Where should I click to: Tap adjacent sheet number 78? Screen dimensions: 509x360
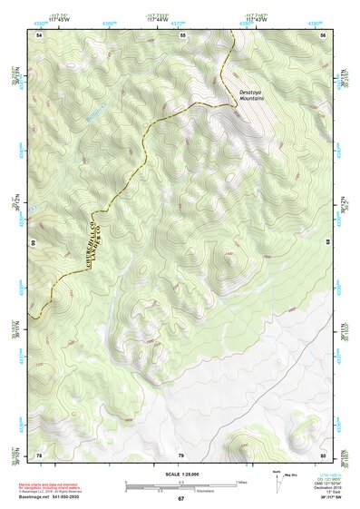coord(39,455)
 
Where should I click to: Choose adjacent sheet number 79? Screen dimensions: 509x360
coord(180,455)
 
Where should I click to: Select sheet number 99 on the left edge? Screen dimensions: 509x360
coord(32,244)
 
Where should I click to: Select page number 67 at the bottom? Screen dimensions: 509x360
coord(180,500)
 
